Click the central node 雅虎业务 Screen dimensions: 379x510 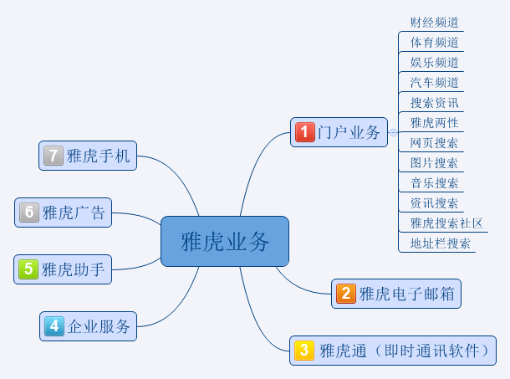[225, 242]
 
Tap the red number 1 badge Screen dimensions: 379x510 [305, 131]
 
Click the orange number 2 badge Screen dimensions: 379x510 [345, 294]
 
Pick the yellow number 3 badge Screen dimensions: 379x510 [304, 351]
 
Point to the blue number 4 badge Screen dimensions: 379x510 [54, 326]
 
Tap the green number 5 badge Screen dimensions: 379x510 [28, 269]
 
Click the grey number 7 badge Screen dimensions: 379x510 [54, 156]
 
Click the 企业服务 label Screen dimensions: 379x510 [99, 326]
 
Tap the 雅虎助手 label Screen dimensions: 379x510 [74, 269]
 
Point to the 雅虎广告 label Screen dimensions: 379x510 [74, 213]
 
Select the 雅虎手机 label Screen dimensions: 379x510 [99, 156]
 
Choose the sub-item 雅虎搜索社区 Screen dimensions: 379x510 [441, 223]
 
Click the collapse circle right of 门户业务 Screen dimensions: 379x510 [393, 132]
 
